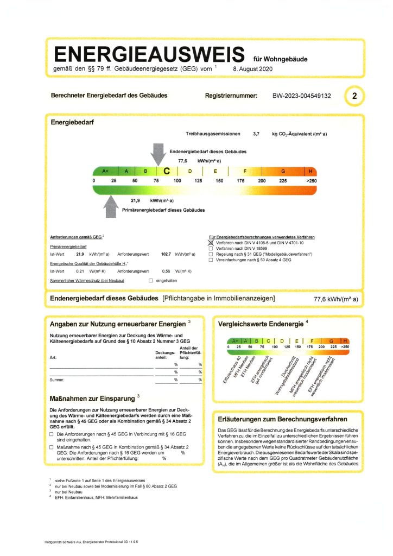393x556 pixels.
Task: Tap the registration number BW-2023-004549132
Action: point(301,96)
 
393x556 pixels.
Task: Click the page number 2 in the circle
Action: point(354,96)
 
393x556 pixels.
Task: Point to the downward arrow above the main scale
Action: point(159,154)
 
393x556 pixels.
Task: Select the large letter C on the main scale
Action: point(167,171)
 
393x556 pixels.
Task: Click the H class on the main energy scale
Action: point(310,171)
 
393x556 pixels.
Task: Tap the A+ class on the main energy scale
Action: point(105,171)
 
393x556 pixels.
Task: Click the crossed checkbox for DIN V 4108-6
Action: point(211,243)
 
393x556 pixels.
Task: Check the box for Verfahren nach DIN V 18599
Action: point(211,249)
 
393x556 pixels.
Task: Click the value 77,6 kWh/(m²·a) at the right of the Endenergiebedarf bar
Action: point(335,299)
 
